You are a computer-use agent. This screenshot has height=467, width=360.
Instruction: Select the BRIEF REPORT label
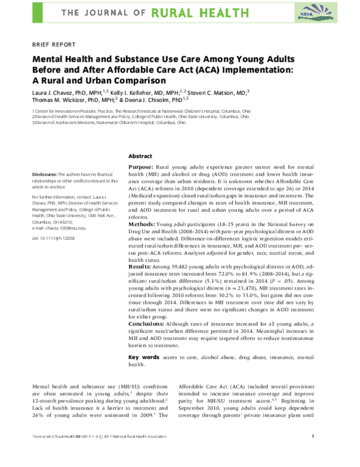(53, 44)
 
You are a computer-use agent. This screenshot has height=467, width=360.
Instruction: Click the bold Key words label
(143, 357)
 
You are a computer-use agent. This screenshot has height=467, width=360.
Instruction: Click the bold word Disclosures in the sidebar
(45, 173)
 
